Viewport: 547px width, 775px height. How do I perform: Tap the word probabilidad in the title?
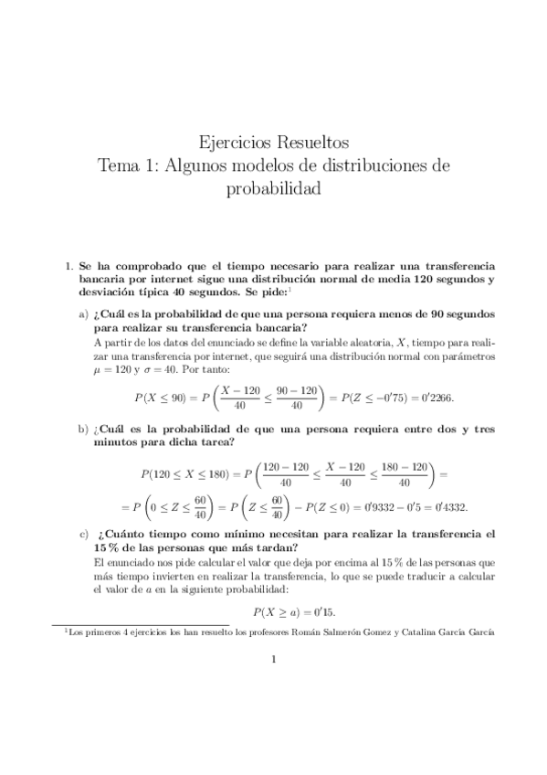(273, 189)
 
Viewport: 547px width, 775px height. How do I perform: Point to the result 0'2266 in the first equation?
(435, 398)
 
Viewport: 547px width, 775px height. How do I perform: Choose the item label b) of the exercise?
(84, 429)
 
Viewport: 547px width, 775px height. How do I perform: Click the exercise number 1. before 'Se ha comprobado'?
(67, 266)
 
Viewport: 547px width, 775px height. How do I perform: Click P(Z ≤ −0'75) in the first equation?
(373, 398)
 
